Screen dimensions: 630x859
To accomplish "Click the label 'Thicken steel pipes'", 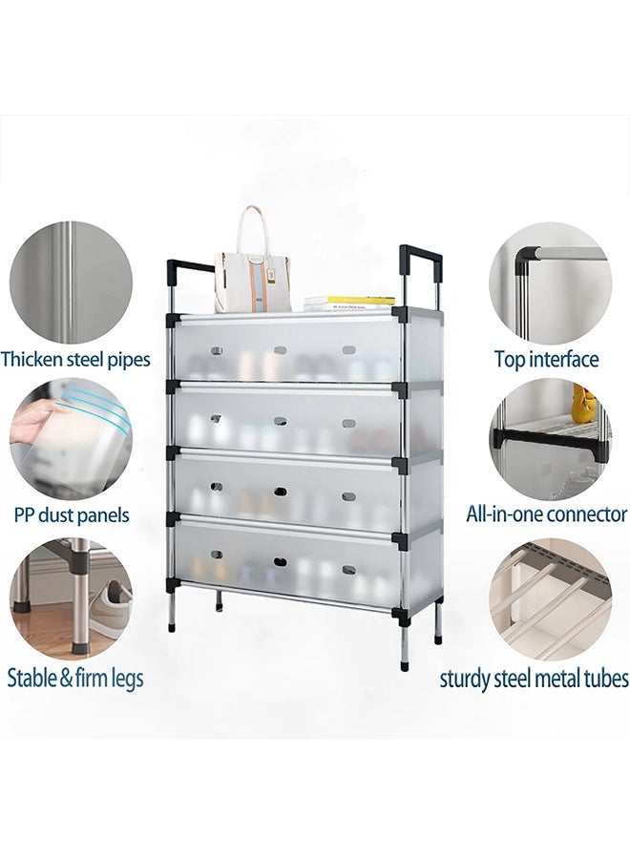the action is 75,360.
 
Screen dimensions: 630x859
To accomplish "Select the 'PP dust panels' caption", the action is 72,515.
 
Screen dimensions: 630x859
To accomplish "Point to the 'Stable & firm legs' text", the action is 75,679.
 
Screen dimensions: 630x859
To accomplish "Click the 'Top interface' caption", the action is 547,360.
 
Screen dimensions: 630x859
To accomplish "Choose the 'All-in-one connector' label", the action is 547,514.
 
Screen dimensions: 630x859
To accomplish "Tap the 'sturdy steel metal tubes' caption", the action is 535,679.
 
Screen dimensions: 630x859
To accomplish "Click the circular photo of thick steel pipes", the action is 72,283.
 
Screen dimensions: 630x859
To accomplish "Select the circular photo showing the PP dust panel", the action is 72,438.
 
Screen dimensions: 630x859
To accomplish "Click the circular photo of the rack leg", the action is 72,600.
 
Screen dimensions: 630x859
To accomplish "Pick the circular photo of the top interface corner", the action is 550,283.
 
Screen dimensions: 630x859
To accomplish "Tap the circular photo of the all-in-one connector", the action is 550,438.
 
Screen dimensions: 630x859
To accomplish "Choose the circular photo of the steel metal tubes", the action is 550,600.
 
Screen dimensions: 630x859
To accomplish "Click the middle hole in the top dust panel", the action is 281,350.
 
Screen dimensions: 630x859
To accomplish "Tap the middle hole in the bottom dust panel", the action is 281,562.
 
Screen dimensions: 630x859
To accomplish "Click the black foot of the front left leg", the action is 172,626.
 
